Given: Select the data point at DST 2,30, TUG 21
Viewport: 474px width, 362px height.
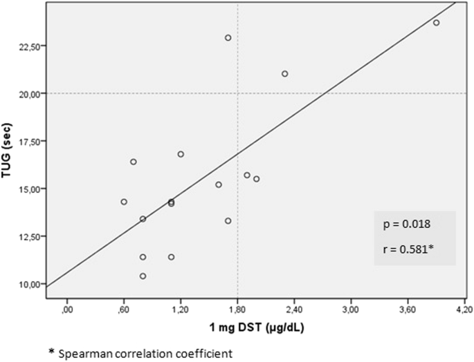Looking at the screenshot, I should (284, 74).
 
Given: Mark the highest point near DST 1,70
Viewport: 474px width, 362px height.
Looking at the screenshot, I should (228, 38).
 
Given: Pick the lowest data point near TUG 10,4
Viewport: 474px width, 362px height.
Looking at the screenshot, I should (143, 276).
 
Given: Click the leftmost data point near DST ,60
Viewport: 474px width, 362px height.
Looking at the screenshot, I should (124, 202).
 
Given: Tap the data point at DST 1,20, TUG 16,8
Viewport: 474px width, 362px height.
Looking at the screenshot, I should (181, 154).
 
